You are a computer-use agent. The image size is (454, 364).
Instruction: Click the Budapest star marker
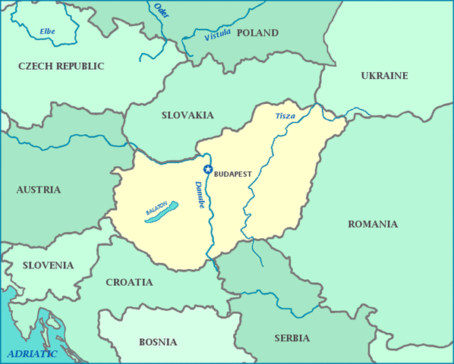208,169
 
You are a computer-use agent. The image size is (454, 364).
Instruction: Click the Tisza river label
285,116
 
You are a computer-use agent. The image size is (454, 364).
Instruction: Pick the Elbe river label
47,31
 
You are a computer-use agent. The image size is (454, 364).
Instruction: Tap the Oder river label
161,11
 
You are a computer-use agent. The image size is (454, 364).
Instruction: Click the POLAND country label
257,33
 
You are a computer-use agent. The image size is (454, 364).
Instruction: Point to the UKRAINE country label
384,76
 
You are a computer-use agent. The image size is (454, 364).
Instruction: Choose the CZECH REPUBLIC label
61,66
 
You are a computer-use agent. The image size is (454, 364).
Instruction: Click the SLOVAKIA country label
188,115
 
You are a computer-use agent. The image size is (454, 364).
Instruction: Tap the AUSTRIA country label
39,190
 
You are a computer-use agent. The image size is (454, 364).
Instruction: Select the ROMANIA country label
372,224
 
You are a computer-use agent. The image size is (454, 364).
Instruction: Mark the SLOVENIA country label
48,265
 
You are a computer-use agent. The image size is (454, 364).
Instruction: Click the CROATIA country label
128,282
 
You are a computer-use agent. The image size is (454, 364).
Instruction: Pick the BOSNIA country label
158,342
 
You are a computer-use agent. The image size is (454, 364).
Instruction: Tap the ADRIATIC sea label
32,353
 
